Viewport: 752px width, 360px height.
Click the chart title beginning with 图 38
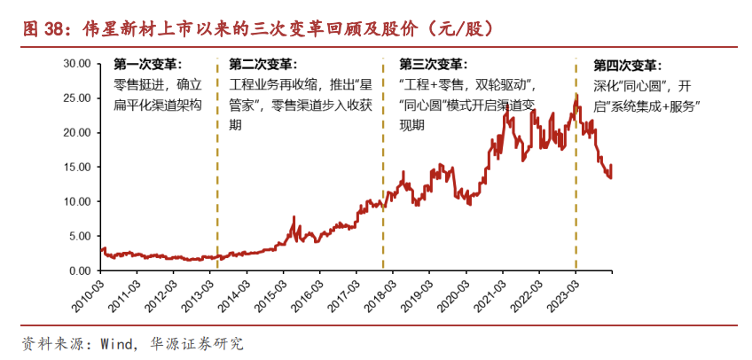[x=257, y=28]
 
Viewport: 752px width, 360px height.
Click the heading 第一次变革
[x=148, y=65]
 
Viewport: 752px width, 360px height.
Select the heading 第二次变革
[x=263, y=65]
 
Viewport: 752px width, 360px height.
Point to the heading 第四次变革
[x=627, y=66]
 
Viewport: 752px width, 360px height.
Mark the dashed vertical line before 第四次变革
[x=576, y=177]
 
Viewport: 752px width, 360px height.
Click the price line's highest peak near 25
[x=576, y=94]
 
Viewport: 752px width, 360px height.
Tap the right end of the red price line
[x=611, y=166]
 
